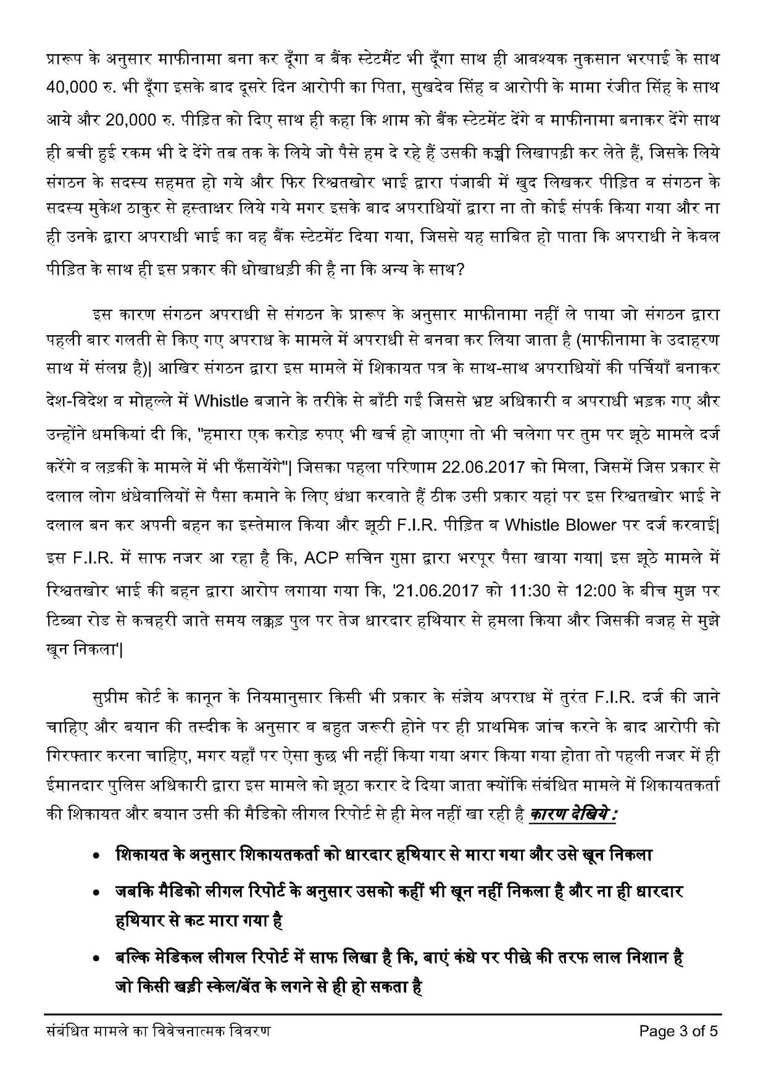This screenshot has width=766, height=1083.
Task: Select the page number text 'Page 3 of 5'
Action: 679,1031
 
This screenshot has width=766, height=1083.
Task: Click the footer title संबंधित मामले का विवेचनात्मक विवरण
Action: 159,1031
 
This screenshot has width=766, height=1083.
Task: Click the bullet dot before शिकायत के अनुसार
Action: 96,857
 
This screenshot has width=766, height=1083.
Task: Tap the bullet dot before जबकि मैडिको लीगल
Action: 96,893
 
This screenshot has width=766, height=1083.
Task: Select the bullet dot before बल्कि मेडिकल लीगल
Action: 96,960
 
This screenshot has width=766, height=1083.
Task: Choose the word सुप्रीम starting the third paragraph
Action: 112,698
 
